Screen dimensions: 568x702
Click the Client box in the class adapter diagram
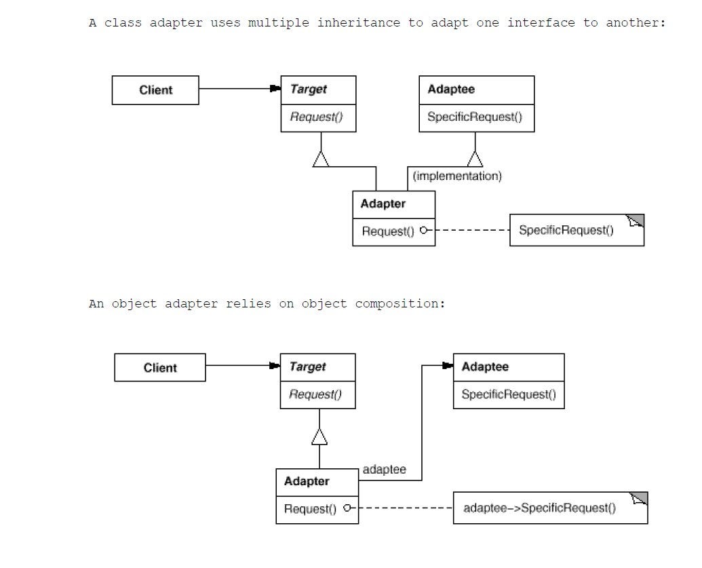click(x=155, y=90)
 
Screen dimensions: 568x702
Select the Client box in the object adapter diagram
click(x=159, y=368)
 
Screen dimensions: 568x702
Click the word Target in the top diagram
click(x=308, y=90)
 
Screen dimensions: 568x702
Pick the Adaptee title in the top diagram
click(x=451, y=90)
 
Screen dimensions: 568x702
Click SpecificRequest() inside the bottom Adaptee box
click(x=508, y=394)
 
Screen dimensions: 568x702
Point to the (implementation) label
click(x=457, y=176)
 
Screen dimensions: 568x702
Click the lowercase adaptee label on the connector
click(x=384, y=470)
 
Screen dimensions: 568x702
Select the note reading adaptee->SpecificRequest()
click(x=539, y=508)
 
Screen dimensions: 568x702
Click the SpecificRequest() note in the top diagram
click(x=566, y=231)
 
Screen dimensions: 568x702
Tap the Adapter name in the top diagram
click(x=383, y=204)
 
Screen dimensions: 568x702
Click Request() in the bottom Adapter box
click(x=310, y=508)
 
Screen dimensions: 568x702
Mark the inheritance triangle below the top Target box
click(x=321, y=159)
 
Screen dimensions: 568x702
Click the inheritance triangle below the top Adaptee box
click(x=475, y=159)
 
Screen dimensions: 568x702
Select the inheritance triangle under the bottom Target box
click(x=319, y=437)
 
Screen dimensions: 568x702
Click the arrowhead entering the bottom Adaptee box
click(x=447, y=366)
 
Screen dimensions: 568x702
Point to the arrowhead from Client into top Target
click(x=275, y=88)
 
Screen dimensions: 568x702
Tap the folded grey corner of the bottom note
click(x=640, y=499)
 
